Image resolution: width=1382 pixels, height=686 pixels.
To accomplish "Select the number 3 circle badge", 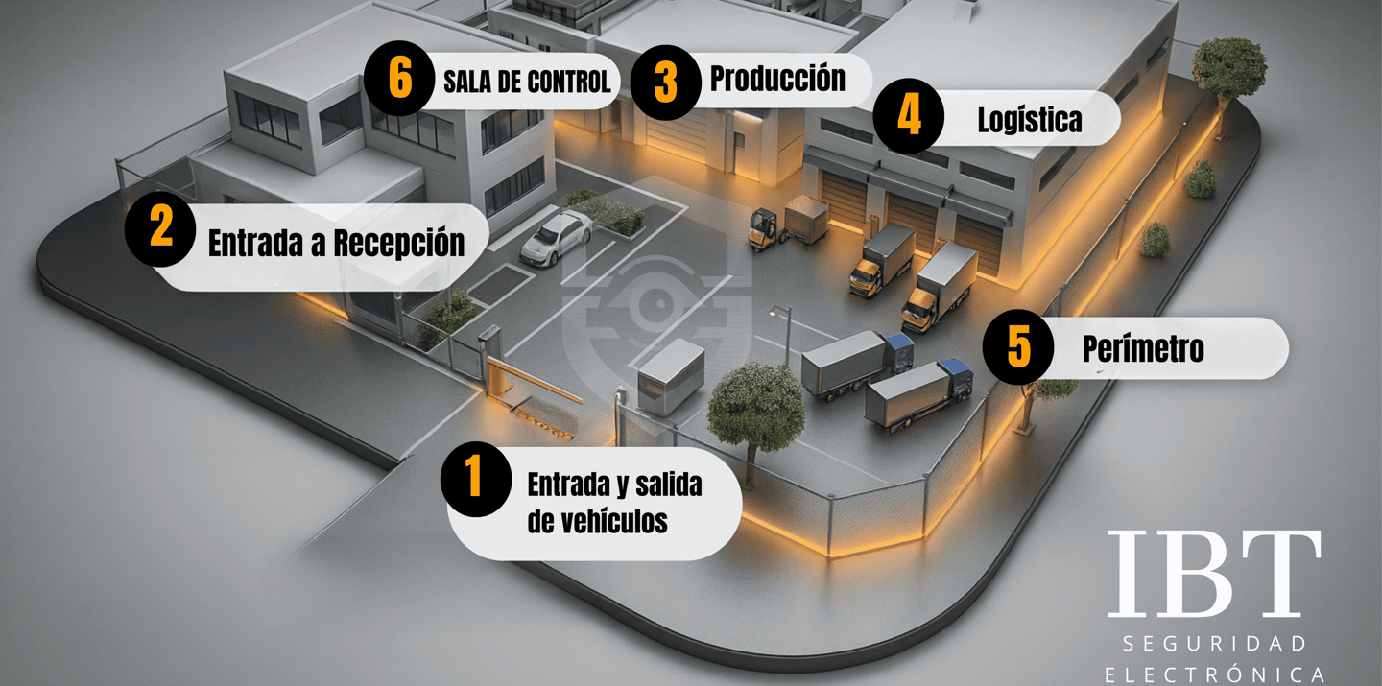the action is tap(665, 83).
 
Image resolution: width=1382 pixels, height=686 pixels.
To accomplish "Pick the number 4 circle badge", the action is tap(909, 116).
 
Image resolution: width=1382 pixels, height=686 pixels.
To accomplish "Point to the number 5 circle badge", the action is tap(1018, 346).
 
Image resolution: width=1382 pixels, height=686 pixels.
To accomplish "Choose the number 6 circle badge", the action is tap(400, 79).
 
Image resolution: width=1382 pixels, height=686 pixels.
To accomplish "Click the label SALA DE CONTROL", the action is tap(527, 82).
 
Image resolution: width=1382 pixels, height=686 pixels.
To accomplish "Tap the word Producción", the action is tap(777, 79).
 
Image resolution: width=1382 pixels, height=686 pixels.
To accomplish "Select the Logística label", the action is tap(1029, 120).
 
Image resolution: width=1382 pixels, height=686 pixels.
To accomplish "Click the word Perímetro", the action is tap(1143, 349).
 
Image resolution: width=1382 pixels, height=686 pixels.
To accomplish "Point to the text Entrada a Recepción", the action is tap(336, 244).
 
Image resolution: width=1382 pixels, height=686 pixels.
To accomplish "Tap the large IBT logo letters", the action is tap(1214, 574).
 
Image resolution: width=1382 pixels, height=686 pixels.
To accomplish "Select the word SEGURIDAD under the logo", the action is tap(1214, 642).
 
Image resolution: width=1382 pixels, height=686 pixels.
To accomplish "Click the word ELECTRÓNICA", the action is tap(1214, 674).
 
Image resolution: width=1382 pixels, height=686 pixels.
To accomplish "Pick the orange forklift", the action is tap(767, 227).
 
